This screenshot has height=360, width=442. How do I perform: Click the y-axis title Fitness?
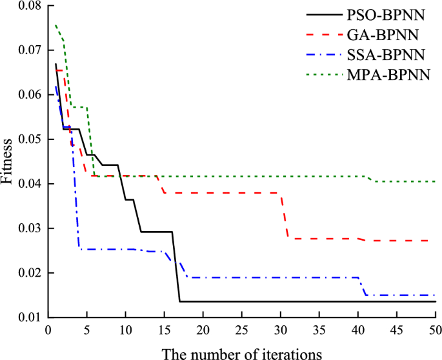(7, 161)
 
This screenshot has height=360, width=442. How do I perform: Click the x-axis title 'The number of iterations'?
(241, 352)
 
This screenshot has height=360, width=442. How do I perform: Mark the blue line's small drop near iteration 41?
(363, 287)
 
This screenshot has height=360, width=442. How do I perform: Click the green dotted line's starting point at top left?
(56, 25)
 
